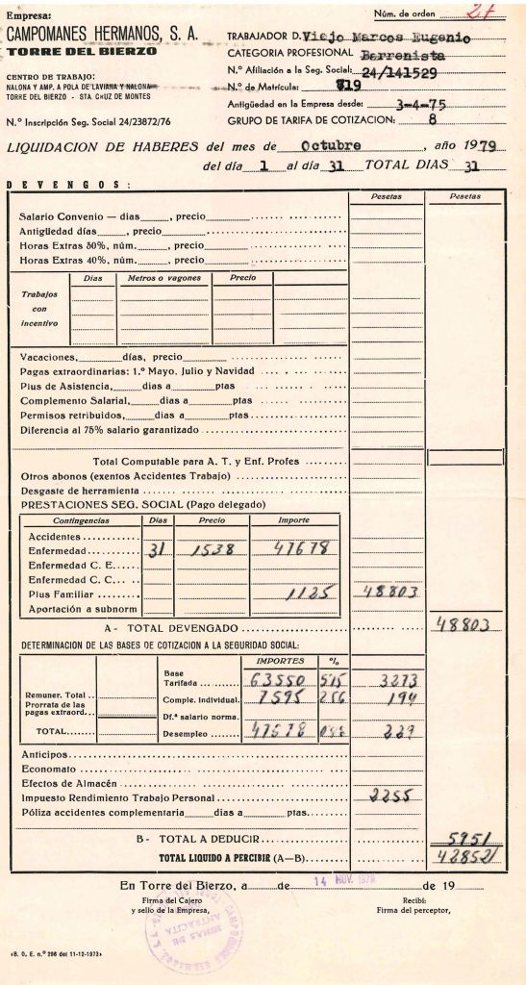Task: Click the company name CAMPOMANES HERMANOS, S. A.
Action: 102,33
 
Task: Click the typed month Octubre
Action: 331,146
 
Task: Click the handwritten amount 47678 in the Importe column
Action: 301,550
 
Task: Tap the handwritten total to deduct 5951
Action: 465,839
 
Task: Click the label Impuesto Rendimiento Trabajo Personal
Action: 119,798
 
